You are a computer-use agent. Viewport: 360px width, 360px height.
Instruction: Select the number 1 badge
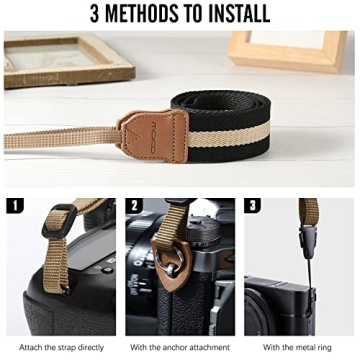pyautogui.click(x=15, y=206)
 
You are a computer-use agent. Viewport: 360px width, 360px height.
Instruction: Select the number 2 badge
pyautogui.click(x=134, y=206)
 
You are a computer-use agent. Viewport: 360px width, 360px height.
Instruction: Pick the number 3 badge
pyautogui.click(x=253, y=206)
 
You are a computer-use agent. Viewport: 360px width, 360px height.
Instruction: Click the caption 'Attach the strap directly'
pyautogui.click(x=59, y=347)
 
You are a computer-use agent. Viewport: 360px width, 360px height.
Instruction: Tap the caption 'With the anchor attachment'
pyautogui.click(x=178, y=347)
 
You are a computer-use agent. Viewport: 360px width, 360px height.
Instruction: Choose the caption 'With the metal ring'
pyautogui.click(x=298, y=347)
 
